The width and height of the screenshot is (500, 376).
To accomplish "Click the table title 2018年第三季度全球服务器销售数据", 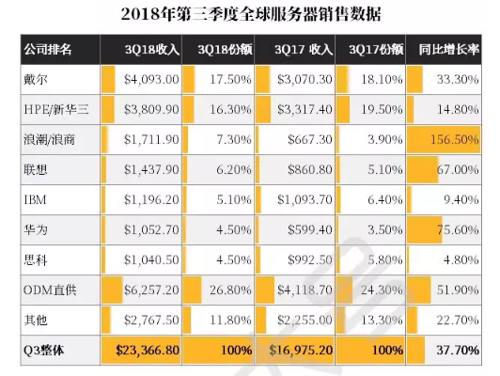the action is click(x=251, y=14).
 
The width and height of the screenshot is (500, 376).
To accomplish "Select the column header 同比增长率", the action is click(x=448, y=50).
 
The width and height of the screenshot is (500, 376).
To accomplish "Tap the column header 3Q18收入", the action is click(x=152, y=50).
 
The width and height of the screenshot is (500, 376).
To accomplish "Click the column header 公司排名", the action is click(x=48, y=50).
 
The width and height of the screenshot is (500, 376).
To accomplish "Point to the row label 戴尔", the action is click(x=36, y=79).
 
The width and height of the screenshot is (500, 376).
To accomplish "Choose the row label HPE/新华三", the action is click(x=56, y=109).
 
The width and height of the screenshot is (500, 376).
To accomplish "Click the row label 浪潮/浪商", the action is click(x=49, y=139).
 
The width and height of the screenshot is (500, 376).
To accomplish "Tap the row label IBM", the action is click(x=35, y=199).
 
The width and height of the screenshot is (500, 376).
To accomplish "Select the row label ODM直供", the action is click(x=50, y=290).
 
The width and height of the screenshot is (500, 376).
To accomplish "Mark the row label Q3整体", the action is click(x=43, y=351).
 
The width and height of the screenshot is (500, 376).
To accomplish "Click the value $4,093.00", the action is click(x=151, y=79).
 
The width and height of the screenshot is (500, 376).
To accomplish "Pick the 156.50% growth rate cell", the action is click(x=454, y=139).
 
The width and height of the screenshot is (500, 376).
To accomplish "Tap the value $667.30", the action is click(x=309, y=139).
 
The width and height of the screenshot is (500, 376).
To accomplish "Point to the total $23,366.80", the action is click(x=148, y=351).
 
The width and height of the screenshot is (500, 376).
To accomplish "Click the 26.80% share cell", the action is click(x=230, y=290).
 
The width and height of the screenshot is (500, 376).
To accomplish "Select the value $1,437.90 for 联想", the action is click(x=151, y=169).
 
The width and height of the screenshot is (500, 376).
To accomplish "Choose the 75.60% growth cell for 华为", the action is click(x=458, y=229).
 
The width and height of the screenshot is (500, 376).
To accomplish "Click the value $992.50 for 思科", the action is click(x=309, y=260).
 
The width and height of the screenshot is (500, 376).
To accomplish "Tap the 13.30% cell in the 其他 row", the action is click(x=382, y=320).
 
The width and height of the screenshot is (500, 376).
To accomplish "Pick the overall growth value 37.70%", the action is click(x=458, y=351).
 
